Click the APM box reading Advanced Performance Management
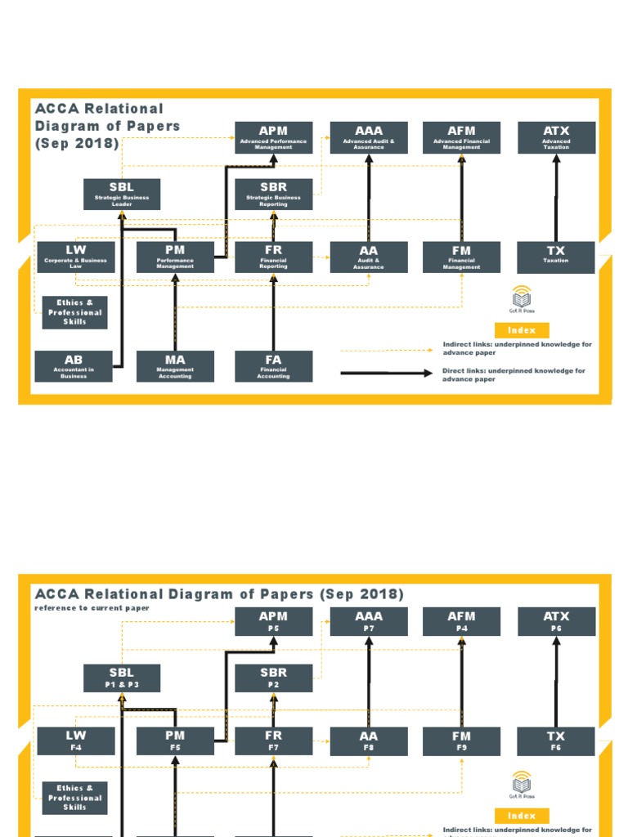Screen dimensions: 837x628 tap(273, 137)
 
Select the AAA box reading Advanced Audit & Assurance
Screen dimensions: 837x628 tap(368, 137)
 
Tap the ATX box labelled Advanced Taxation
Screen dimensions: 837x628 tap(556, 137)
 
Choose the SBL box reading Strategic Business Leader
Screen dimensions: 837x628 tap(122, 194)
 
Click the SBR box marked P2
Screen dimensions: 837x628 tap(273, 678)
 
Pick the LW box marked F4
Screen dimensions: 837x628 tap(75, 741)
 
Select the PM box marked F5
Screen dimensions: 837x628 tap(175, 741)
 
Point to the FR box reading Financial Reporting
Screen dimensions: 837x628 tap(273, 257)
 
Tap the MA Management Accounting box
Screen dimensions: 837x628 tap(175, 365)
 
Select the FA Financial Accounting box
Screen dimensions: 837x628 tap(273, 365)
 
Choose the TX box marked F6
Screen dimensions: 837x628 tap(556, 741)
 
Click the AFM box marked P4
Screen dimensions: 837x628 tap(461, 621)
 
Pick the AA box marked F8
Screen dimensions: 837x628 tap(368, 741)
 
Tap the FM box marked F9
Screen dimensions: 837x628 tap(461, 741)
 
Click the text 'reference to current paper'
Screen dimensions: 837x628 tap(91, 608)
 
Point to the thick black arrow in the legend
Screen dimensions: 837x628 tap(386, 374)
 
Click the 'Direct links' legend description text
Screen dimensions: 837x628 tap(514, 375)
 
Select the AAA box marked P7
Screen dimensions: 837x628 tap(368, 621)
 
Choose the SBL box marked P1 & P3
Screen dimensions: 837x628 tap(122, 678)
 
